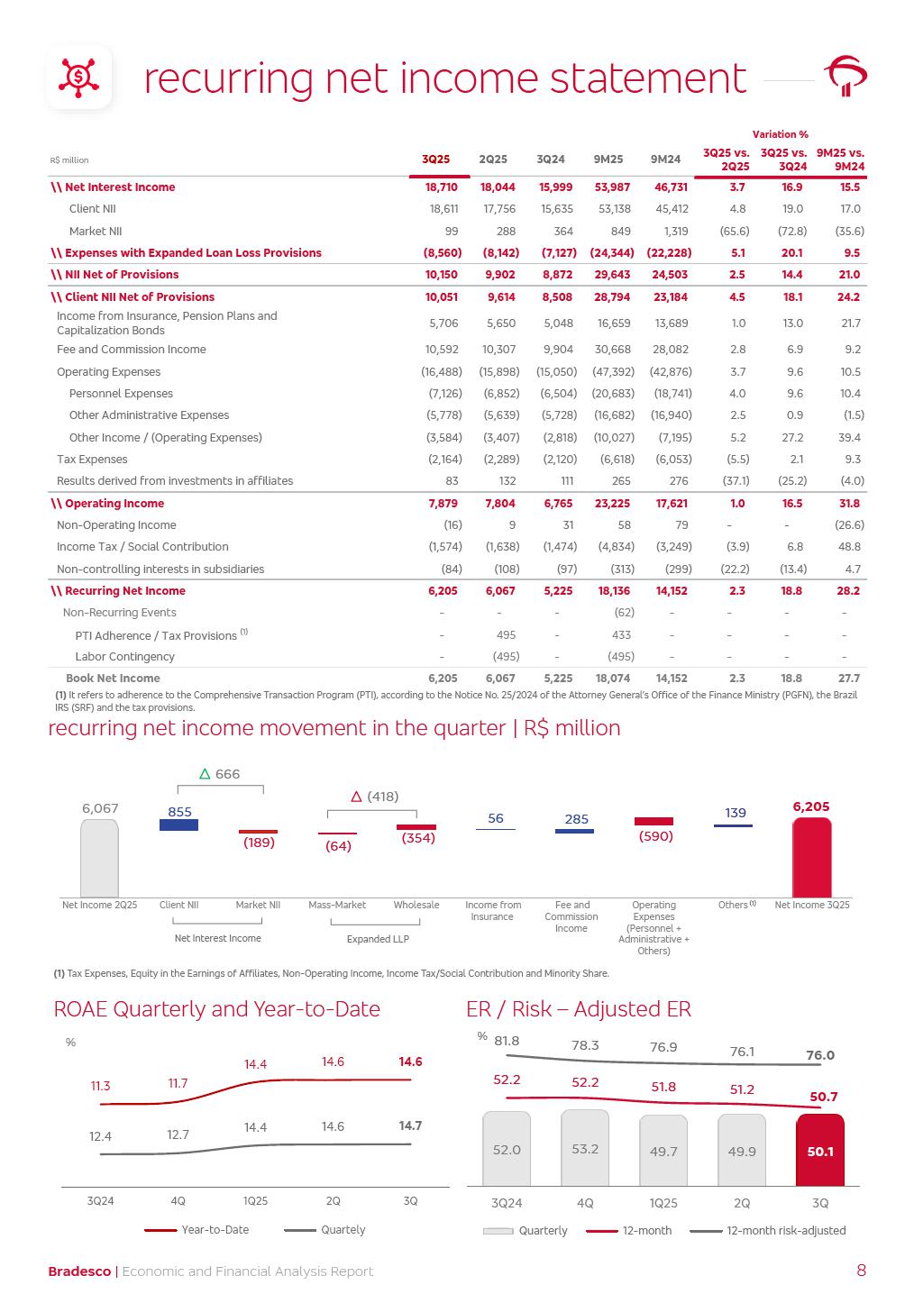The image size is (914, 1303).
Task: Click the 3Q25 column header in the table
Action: tap(435, 159)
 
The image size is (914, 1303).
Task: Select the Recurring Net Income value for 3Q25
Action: tap(441, 591)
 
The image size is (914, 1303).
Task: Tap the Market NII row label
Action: tap(95, 232)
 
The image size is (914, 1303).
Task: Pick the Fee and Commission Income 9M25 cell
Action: tap(613, 350)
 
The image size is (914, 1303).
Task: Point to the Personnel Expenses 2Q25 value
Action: tap(500, 394)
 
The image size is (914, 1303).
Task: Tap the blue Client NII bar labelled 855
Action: tap(178, 824)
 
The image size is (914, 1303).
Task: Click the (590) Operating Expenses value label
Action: tap(654, 836)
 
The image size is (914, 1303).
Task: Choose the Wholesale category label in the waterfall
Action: tap(416, 905)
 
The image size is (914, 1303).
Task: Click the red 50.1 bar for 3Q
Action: tap(820, 1151)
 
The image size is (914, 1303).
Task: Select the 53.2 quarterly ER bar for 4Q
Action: tap(585, 1148)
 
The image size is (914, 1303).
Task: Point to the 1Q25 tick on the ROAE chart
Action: tap(256, 1201)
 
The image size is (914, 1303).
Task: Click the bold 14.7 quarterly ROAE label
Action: tap(410, 1126)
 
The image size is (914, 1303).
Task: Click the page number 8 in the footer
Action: tap(861, 1271)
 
